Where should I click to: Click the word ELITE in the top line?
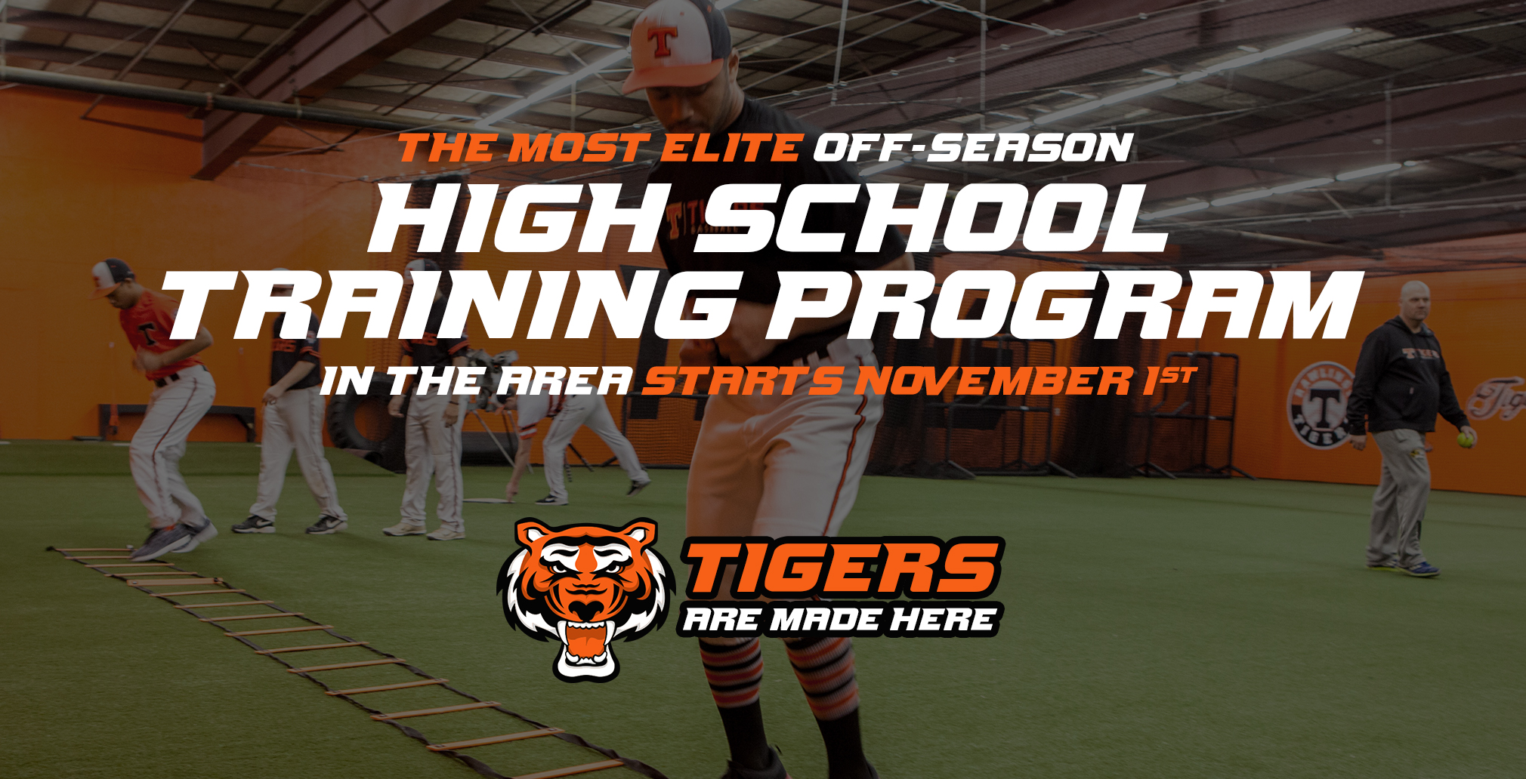pyautogui.click(x=730, y=147)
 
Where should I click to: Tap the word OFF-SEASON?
pyautogui.click(x=973, y=147)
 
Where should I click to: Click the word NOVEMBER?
pyautogui.click(x=993, y=380)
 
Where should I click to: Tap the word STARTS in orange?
pyautogui.click(x=743, y=380)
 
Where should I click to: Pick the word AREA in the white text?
pyautogui.click(x=564, y=380)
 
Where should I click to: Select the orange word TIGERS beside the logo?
pyautogui.click(x=843, y=567)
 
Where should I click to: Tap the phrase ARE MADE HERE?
pyautogui.click(x=839, y=620)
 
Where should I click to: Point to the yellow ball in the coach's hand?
pyautogui.click(x=1466, y=439)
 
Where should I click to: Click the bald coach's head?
pyautogui.click(x=1414, y=301)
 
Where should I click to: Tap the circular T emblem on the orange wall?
pyautogui.click(x=1321, y=405)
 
